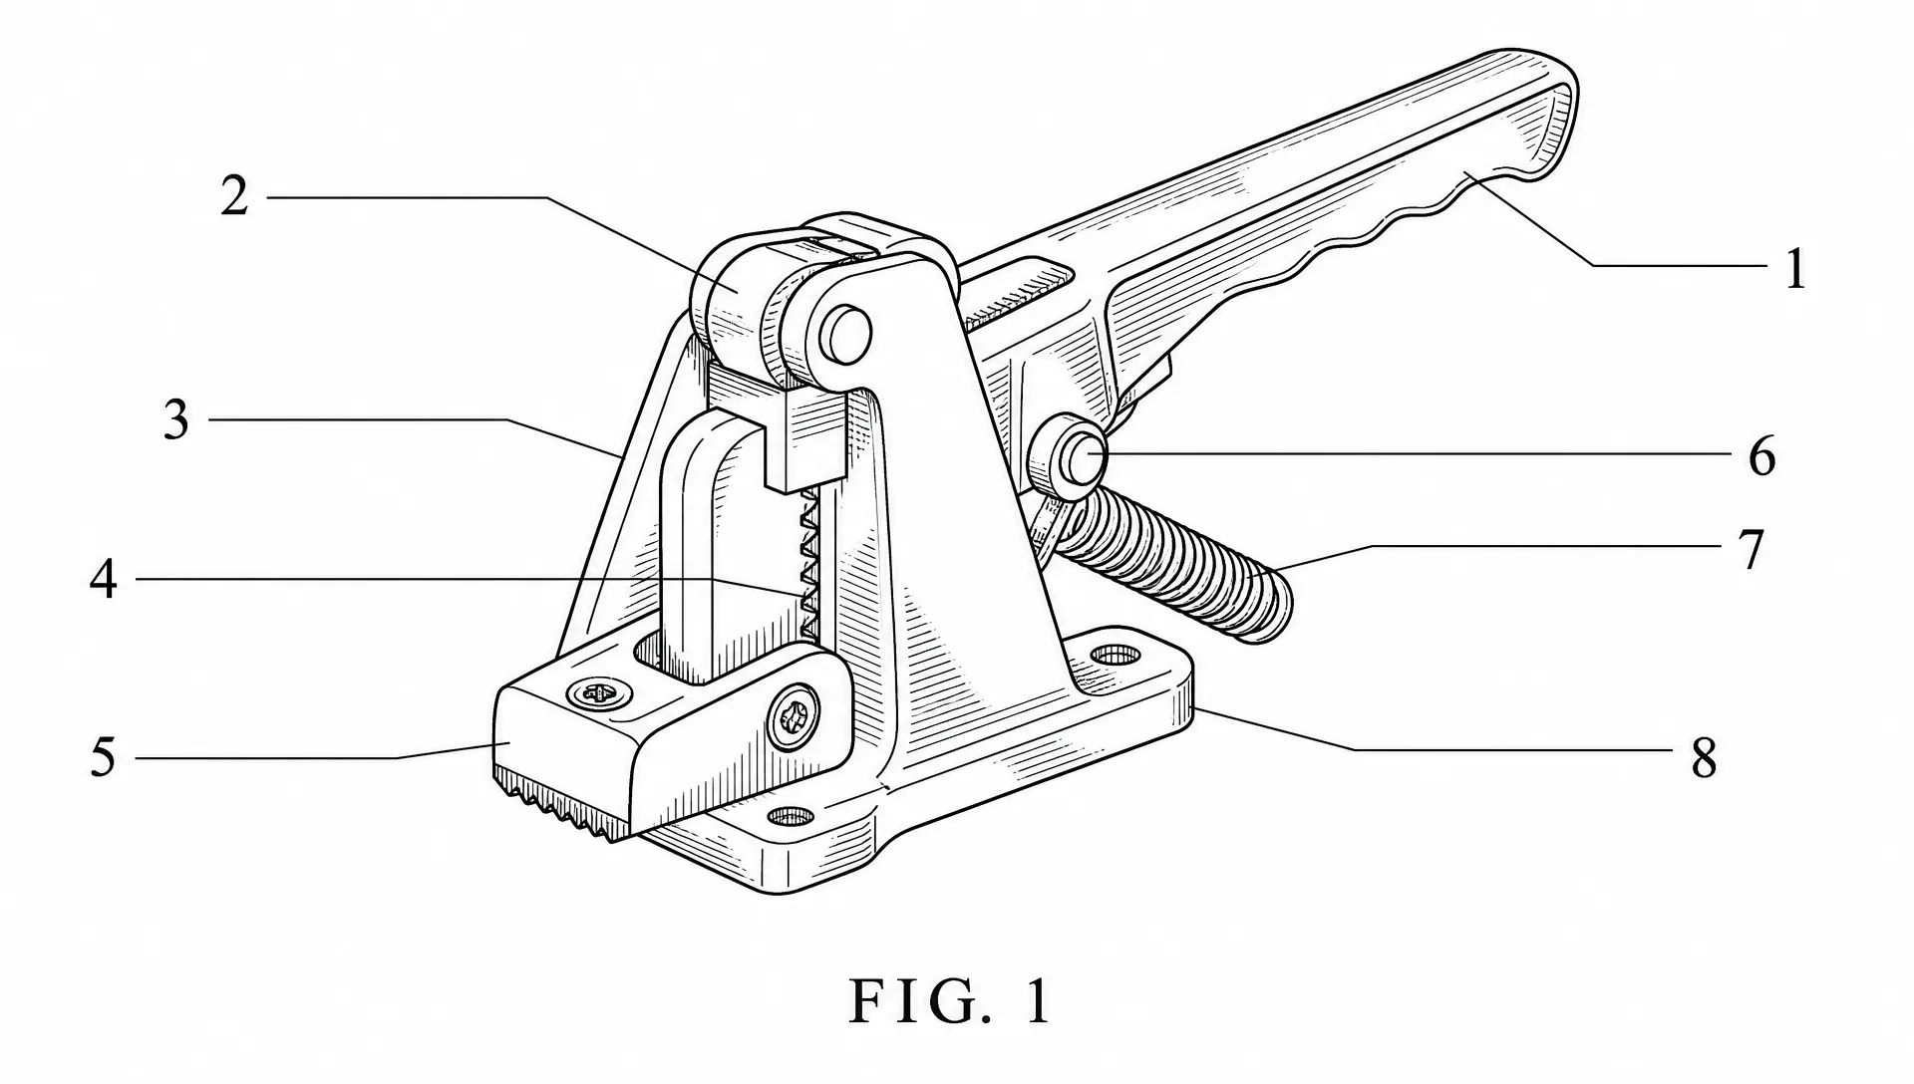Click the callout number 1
tap(1794, 269)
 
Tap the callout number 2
tap(234, 196)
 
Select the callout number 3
tap(176, 420)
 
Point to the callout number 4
tap(104, 579)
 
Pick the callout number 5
tap(104, 758)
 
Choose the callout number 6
tap(1762, 456)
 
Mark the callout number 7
tap(1752, 549)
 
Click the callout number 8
tap(1704, 758)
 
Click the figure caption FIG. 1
tap(950, 1001)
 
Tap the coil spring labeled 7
tap(1176, 563)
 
